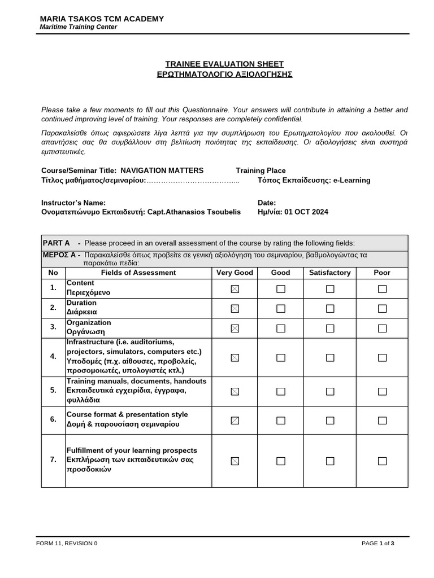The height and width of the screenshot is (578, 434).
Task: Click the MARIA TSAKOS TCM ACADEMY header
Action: click(102, 19)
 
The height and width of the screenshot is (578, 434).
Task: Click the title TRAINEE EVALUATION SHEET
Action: click(224, 64)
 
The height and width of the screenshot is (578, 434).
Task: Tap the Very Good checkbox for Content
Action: click(235, 289)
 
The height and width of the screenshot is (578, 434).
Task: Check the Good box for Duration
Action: click(281, 308)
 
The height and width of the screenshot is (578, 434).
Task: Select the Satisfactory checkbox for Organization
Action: click(330, 328)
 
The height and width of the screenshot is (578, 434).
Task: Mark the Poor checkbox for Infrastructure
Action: click(383, 357)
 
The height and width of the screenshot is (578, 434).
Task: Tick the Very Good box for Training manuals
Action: click(235, 391)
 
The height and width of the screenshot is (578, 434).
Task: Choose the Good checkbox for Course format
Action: click(281, 420)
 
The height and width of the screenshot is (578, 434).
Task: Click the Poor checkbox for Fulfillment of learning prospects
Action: click(383, 461)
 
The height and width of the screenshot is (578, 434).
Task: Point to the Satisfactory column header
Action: click(330, 273)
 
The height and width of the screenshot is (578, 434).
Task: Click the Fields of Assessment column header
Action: click(138, 273)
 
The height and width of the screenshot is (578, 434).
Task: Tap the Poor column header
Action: click(382, 273)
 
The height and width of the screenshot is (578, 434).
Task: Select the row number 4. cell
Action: click(53, 357)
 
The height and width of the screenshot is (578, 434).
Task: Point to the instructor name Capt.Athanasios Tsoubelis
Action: click(194, 212)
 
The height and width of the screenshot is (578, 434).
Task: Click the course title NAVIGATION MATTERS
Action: click(162, 170)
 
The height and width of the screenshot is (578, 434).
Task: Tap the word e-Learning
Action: click(351, 181)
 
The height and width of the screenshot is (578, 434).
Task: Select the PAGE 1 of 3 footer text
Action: click(377, 544)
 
